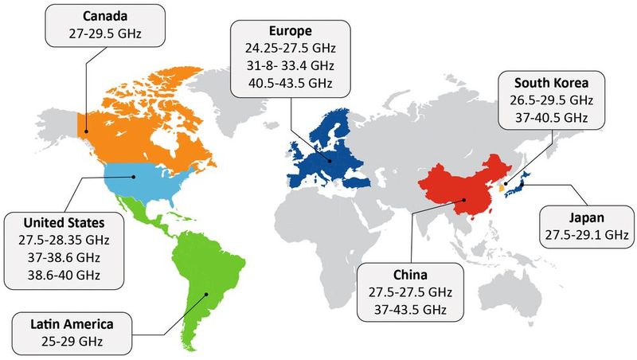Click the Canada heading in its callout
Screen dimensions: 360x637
tap(105, 16)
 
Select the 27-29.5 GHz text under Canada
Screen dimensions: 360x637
tap(105, 34)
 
